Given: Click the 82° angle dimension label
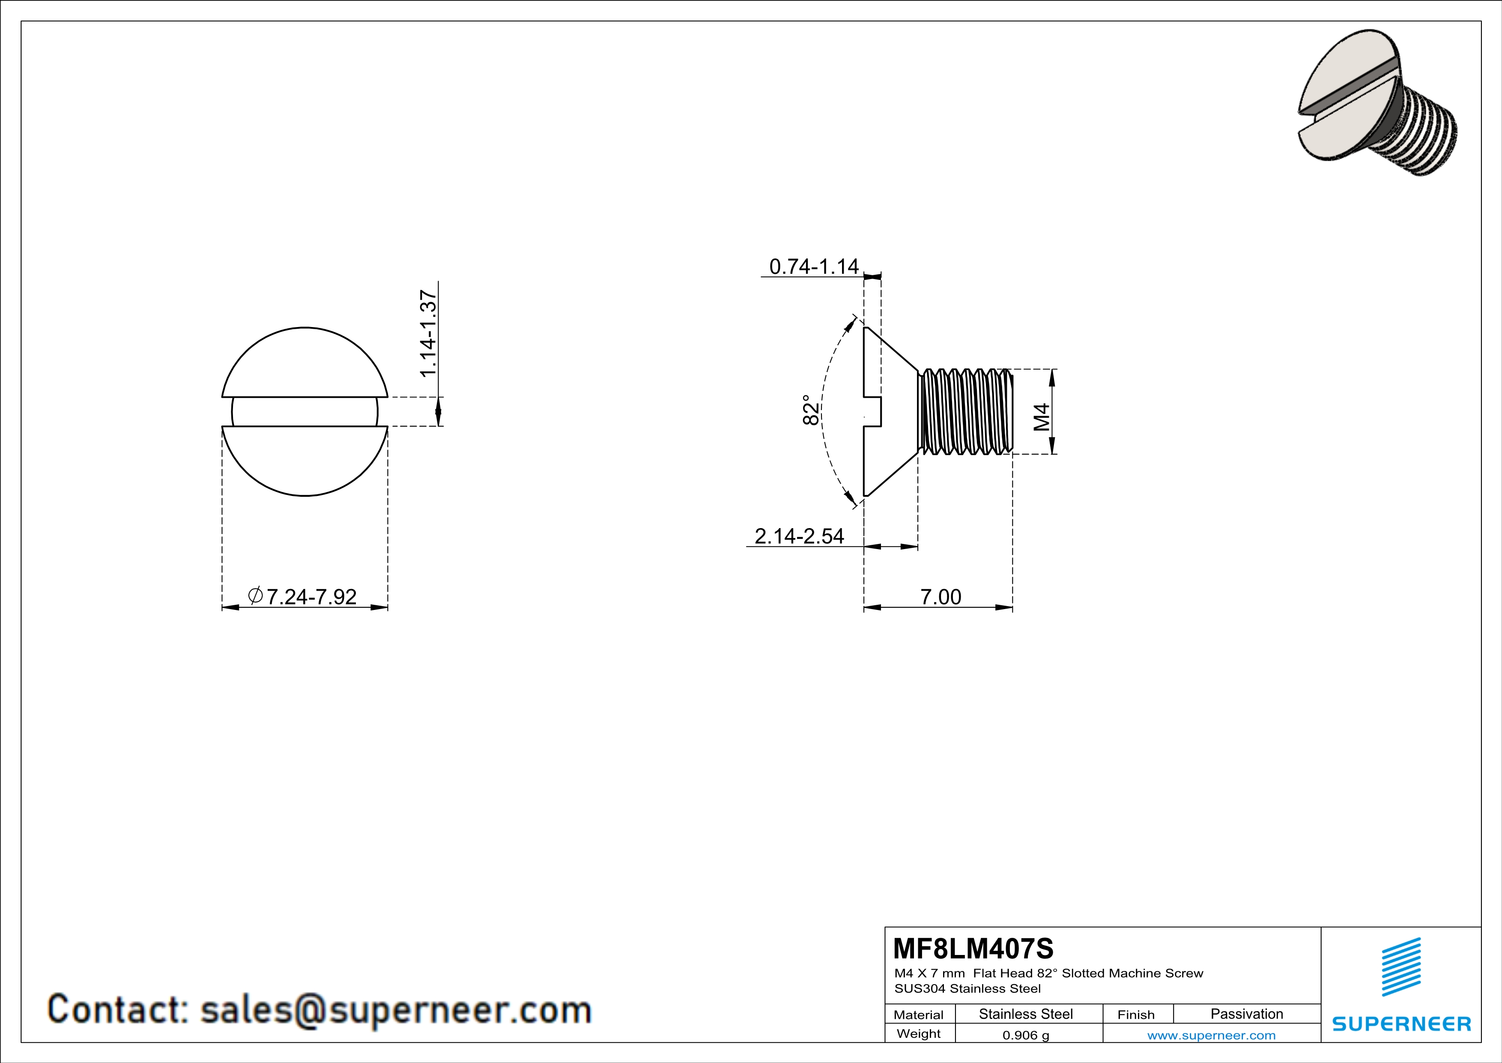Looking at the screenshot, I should click(810, 410).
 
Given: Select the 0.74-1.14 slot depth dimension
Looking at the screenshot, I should click(814, 267).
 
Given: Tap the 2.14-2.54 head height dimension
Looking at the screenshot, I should click(800, 536).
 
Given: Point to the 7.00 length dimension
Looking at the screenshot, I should click(941, 597).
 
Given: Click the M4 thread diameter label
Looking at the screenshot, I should click(1042, 417).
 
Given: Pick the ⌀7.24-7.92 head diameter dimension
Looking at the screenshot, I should click(302, 596).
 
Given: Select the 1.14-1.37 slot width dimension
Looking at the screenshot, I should click(428, 334).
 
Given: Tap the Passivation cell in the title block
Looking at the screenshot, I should click(1246, 1014).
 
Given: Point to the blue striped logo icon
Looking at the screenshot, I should click(1400, 967).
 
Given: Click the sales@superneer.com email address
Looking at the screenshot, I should click(395, 1009).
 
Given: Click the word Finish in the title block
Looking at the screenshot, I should click(1136, 1015).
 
